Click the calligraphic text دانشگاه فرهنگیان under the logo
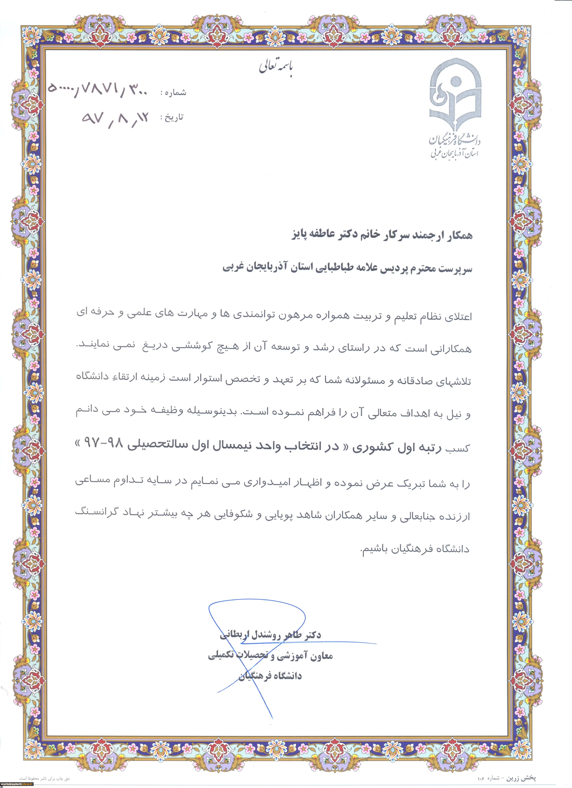click(455, 140)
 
